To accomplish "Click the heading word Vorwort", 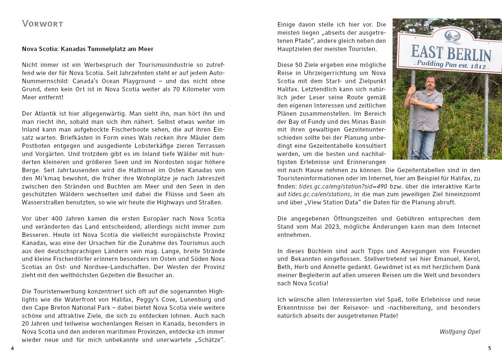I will point(43,24).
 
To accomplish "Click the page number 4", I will point(12,348).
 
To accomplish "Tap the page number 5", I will point(490,348).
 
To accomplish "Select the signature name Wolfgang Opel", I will point(459,332).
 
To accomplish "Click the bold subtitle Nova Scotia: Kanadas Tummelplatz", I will point(88,49).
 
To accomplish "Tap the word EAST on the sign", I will point(427,51).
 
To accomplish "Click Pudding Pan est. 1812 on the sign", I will point(452,65).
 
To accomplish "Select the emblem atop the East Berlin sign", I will point(453,37).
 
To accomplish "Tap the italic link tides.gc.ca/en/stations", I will point(319,194).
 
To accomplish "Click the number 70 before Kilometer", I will point(176,89).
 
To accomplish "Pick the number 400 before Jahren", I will point(57,218).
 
